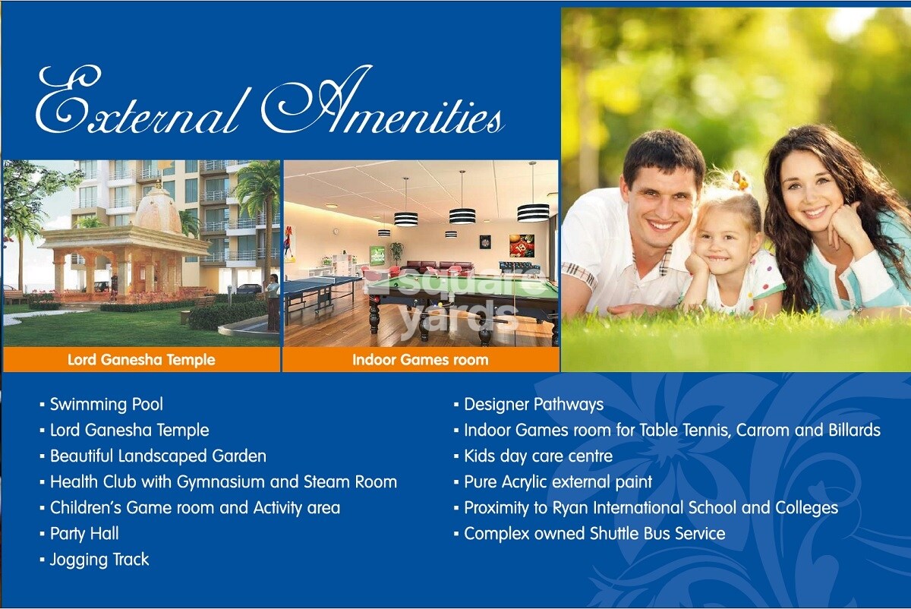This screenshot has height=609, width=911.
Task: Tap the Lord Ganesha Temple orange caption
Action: (141, 359)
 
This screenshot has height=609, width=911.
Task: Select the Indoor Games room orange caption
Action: (420, 359)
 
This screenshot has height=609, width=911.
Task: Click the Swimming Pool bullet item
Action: (106, 404)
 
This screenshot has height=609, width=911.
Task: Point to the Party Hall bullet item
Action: (84, 533)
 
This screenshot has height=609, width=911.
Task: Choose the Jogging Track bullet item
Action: (99, 560)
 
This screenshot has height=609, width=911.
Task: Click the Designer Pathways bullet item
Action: (533, 404)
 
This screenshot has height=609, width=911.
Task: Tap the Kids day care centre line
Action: (537, 456)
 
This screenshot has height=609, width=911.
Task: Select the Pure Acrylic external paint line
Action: (557, 481)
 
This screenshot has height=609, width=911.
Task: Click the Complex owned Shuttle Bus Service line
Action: (594, 533)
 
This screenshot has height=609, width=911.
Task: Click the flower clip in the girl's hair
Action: (738, 181)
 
